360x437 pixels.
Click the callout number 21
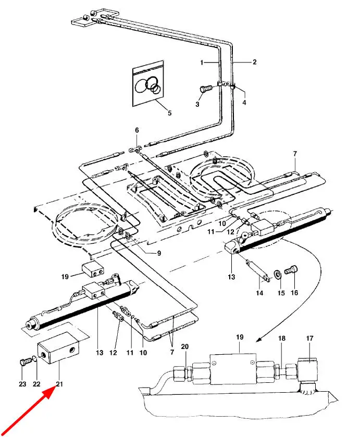point(59,384)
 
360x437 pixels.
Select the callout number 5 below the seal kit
point(169,113)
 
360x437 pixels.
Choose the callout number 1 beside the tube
point(202,63)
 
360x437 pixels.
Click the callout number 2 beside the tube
point(255,61)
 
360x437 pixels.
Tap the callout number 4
point(244,103)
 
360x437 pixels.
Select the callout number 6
point(137,130)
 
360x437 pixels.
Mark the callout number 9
point(159,253)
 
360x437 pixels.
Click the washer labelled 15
point(278,274)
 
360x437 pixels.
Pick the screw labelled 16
point(291,270)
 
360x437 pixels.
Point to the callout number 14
point(259,293)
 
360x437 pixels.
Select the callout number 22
point(36,384)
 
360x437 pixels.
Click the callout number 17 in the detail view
point(309,338)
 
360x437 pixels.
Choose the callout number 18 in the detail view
point(282,338)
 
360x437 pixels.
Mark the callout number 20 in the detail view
point(185,346)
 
